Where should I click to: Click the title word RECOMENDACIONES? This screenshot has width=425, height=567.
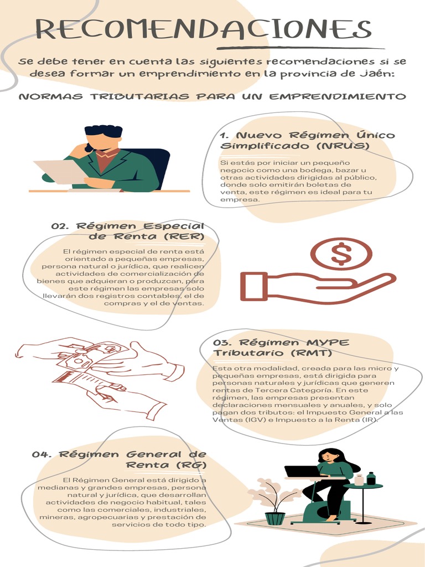tap(204, 29)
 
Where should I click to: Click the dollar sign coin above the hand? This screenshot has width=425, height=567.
tap(341, 254)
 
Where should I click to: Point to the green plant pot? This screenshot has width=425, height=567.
tap(275, 518)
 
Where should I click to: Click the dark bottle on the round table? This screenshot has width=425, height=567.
tap(371, 478)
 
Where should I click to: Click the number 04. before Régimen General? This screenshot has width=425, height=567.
tap(42, 455)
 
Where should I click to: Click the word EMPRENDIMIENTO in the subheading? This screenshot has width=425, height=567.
tap(338, 97)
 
